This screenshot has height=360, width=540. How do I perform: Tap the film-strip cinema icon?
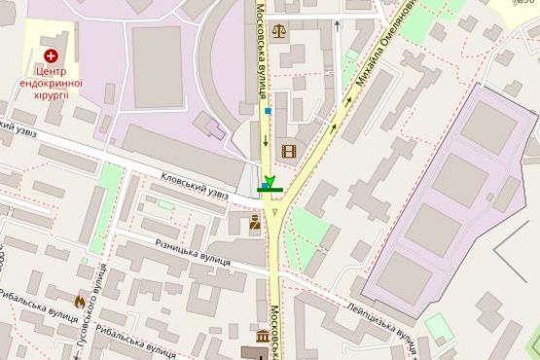point(288,151)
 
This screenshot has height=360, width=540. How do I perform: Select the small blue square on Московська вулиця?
point(267,111)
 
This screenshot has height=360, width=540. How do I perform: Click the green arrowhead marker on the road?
point(270,180)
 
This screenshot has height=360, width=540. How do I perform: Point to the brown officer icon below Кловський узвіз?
point(255,222)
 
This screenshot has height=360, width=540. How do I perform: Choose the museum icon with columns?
point(263,337)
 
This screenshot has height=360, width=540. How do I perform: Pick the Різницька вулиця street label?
point(191,252)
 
